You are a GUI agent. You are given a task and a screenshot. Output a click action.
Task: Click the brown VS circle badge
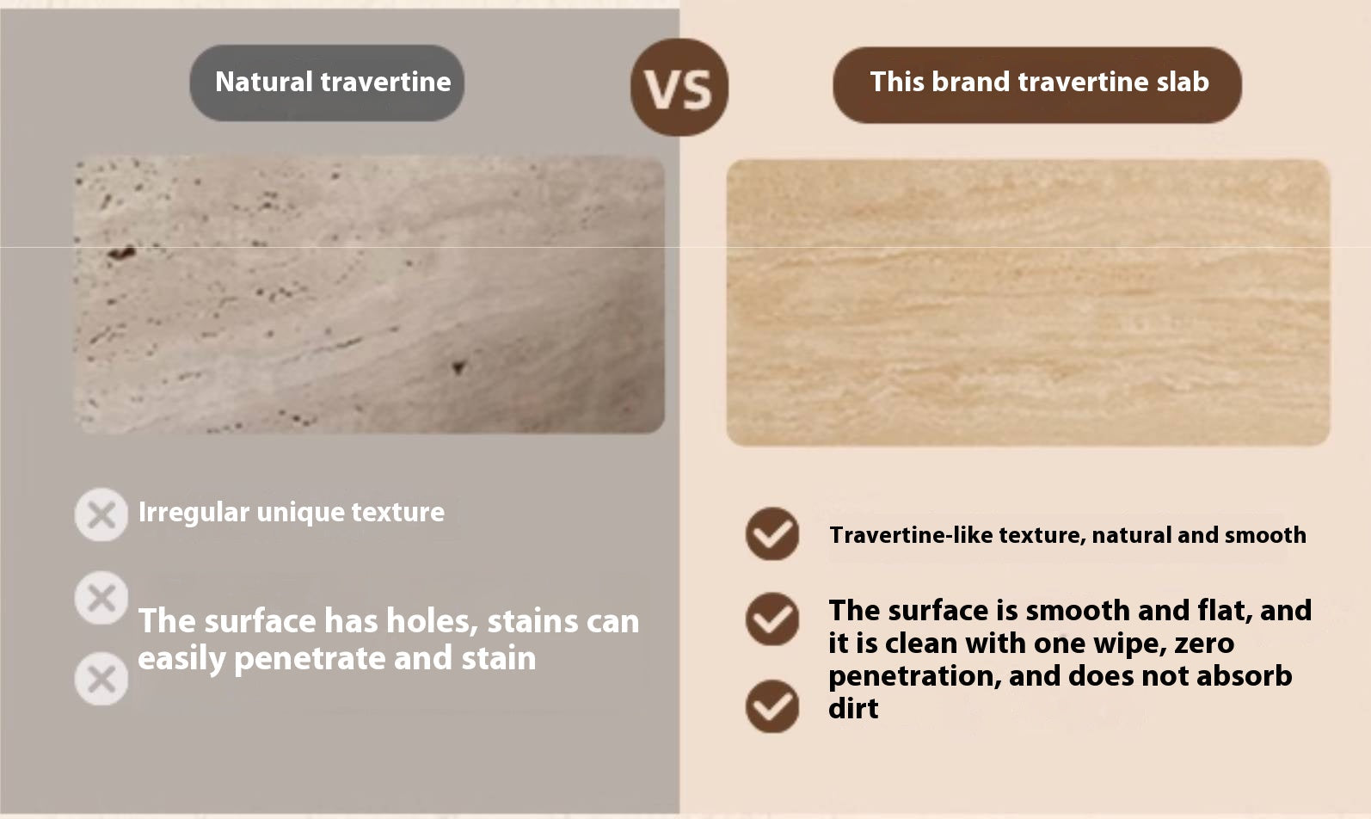click(x=679, y=87)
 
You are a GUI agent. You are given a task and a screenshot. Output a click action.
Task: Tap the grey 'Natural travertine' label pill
click(x=327, y=83)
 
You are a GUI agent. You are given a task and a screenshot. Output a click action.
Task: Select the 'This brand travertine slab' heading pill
click(x=1037, y=85)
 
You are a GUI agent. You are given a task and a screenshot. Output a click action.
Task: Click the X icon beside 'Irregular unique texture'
click(x=101, y=514)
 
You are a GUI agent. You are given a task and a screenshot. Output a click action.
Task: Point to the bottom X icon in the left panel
click(x=101, y=679)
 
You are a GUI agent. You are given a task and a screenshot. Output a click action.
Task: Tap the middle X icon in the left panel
click(x=101, y=598)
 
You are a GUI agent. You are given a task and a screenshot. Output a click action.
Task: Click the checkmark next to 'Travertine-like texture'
click(x=772, y=533)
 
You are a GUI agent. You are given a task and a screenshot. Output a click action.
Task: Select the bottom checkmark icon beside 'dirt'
click(x=772, y=706)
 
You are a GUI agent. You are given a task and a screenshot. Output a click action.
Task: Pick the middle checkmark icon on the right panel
click(x=772, y=619)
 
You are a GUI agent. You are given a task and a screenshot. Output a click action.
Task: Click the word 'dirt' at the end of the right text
click(x=853, y=708)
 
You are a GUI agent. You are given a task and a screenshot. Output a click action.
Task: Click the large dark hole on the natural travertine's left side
click(x=122, y=252)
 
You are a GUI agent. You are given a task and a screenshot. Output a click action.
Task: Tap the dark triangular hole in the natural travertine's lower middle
click(x=459, y=366)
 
